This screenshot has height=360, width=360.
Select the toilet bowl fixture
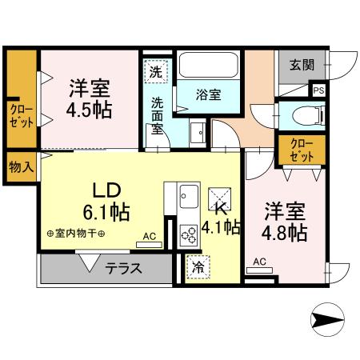[x=303, y=114]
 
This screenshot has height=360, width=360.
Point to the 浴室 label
[x=209, y=94]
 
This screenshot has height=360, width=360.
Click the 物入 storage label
[x=20, y=167]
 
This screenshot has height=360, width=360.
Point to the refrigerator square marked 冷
[x=196, y=268]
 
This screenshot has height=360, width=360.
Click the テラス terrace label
[x=123, y=269]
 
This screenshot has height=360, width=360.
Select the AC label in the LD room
[x=150, y=236]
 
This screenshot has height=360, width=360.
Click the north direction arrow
[x=327, y=322]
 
